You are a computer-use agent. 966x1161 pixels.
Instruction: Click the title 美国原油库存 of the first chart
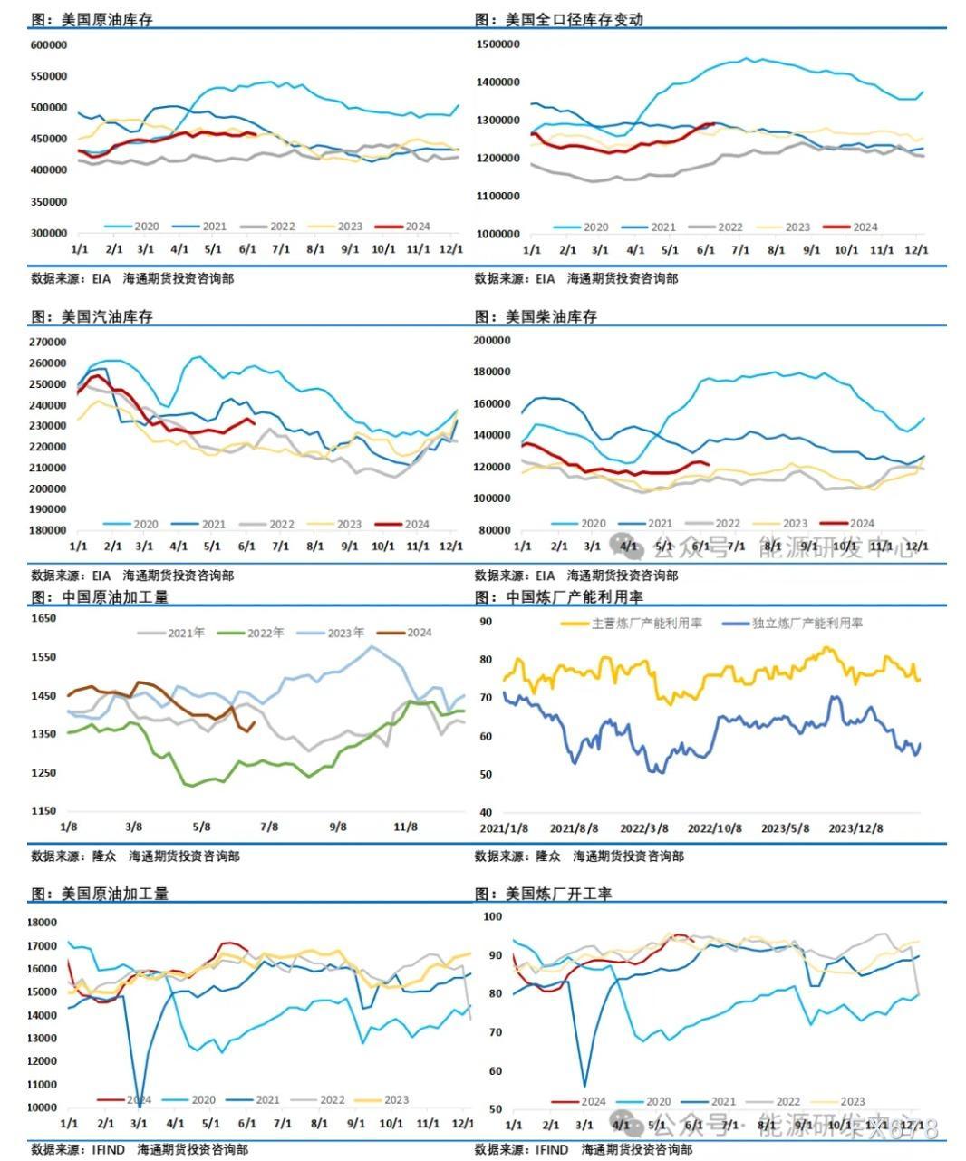click(x=107, y=19)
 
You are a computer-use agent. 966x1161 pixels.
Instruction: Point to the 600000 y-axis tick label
click(x=49, y=44)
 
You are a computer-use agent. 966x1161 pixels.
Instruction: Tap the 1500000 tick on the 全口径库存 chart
click(x=497, y=44)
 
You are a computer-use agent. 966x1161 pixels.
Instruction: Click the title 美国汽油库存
click(x=107, y=316)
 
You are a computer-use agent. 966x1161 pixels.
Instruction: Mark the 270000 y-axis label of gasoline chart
click(x=49, y=342)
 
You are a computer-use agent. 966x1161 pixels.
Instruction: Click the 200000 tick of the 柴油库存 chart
click(x=494, y=340)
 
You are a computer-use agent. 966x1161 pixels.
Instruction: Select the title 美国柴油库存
click(x=551, y=316)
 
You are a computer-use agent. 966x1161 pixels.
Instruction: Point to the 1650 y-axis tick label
click(x=44, y=618)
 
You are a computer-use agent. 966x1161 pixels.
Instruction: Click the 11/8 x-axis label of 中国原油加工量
click(x=405, y=827)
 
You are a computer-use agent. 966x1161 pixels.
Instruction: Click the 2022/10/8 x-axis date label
click(x=715, y=828)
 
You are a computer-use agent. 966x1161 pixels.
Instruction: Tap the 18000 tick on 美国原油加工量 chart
click(x=43, y=923)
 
